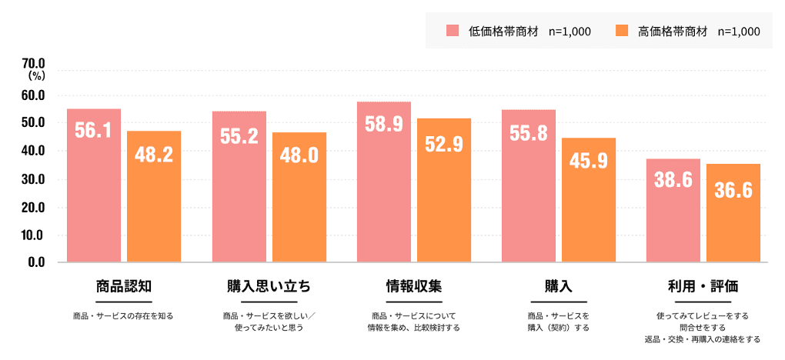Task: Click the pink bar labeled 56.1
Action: click(x=94, y=185)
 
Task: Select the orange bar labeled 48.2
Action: click(x=154, y=196)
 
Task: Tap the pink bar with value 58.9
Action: click(x=384, y=182)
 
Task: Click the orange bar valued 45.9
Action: click(x=589, y=200)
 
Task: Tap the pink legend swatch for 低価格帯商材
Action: click(x=453, y=31)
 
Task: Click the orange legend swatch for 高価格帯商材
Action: click(x=623, y=31)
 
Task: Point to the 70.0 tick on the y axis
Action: click(x=35, y=63)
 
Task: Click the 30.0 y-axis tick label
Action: click(x=35, y=179)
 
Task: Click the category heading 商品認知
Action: click(x=123, y=287)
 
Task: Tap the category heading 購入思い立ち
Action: click(x=269, y=287)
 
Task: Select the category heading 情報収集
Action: click(x=414, y=287)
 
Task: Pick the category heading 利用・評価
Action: click(x=703, y=287)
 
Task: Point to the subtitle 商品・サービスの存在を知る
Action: click(x=123, y=316)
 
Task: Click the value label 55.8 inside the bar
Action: click(x=529, y=133)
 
